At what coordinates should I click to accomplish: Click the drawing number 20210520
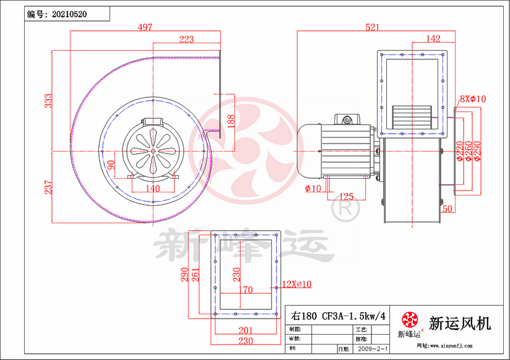[69, 14]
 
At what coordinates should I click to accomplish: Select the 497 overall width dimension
[145, 27]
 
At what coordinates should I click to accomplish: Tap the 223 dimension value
[186, 39]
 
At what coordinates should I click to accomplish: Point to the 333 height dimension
[48, 101]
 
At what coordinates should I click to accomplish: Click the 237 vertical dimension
[48, 186]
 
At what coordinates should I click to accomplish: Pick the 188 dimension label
[230, 120]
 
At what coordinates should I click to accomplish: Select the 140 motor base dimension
[152, 189]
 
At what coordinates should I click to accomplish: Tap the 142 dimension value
[433, 39]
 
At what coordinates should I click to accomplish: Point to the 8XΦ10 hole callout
[473, 98]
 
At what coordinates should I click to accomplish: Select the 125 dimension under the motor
[347, 197]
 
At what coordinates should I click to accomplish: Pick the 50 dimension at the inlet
[447, 209]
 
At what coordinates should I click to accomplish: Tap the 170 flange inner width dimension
[245, 289]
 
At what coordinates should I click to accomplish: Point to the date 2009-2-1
[374, 349]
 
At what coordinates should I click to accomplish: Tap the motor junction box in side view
[345, 119]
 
